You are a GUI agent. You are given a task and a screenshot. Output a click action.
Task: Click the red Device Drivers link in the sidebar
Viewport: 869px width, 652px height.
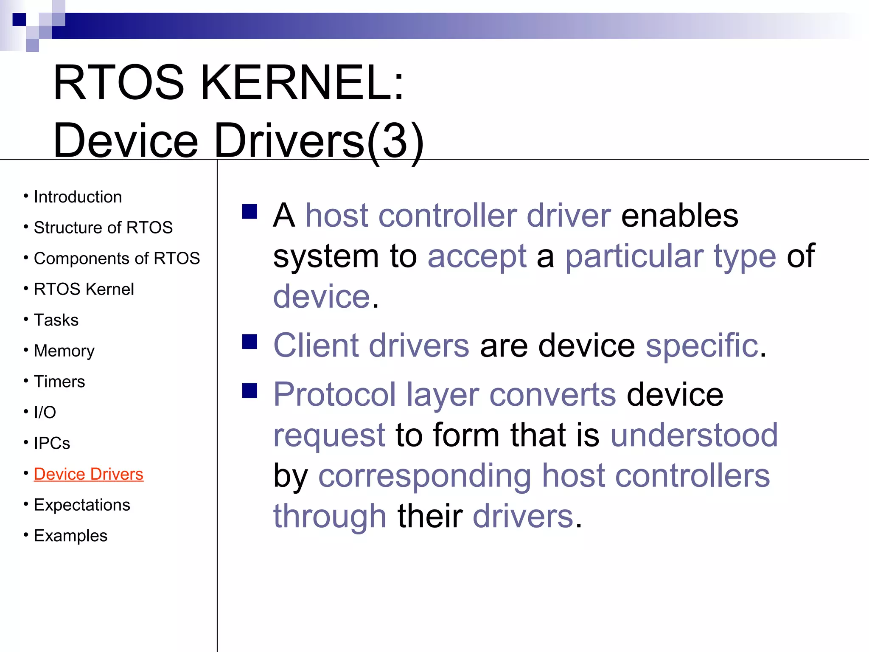pos(88,474)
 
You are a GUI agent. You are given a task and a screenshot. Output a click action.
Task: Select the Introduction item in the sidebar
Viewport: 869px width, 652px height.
pos(78,197)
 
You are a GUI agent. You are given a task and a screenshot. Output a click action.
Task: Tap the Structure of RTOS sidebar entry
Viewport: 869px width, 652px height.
pos(103,228)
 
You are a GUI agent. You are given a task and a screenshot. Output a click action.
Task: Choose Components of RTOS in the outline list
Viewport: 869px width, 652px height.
pos(117,259)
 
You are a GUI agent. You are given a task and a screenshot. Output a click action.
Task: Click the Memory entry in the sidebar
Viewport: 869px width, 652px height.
pos(64,351)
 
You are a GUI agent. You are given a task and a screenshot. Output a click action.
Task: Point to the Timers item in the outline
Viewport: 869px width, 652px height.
pos(59,382)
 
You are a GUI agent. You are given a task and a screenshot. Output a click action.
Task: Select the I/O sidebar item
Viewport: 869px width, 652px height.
pos(45,412)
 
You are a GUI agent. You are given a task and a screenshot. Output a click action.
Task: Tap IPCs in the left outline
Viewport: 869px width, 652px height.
pos(52,443)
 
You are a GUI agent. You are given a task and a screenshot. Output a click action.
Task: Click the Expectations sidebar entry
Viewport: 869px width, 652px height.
pos(82,505)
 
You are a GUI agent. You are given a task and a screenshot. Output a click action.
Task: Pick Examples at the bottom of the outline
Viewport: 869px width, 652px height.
pos(70,536)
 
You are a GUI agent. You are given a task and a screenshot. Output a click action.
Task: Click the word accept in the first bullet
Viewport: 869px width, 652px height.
pos(477,256)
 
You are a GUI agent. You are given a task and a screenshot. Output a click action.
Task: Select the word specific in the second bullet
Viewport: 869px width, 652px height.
pos(702,346)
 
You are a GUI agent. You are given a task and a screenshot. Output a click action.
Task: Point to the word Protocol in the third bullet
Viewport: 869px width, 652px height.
pos(334,395)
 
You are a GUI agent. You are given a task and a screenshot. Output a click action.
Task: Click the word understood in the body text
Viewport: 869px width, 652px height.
pos(694,436)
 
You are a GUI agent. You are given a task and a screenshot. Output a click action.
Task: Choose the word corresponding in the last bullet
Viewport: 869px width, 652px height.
pos(424,476)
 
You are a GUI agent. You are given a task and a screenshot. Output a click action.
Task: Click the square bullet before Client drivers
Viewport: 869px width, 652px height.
pos(250,342)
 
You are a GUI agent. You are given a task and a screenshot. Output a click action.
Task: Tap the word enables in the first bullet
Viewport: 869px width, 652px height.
pos(679,216)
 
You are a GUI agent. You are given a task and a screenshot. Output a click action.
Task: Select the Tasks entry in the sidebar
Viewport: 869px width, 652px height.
pos(56,320)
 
